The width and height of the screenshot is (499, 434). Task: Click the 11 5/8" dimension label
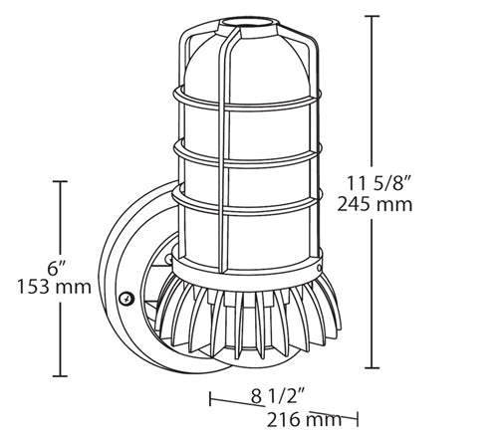pyautogui.click(x=374, y=183)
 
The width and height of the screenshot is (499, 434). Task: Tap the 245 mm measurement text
pyautogui.click(x=374, y=204)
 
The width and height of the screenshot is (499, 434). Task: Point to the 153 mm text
pyautogui.click(x=54, y=287)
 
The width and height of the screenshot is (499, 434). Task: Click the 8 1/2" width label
pyautogui.click(x=278, y=396)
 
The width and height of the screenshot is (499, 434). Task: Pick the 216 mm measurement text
pyautogui.click(x=304, y=419)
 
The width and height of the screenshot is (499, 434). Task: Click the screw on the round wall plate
pyautogui.click(x=126, y=299)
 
